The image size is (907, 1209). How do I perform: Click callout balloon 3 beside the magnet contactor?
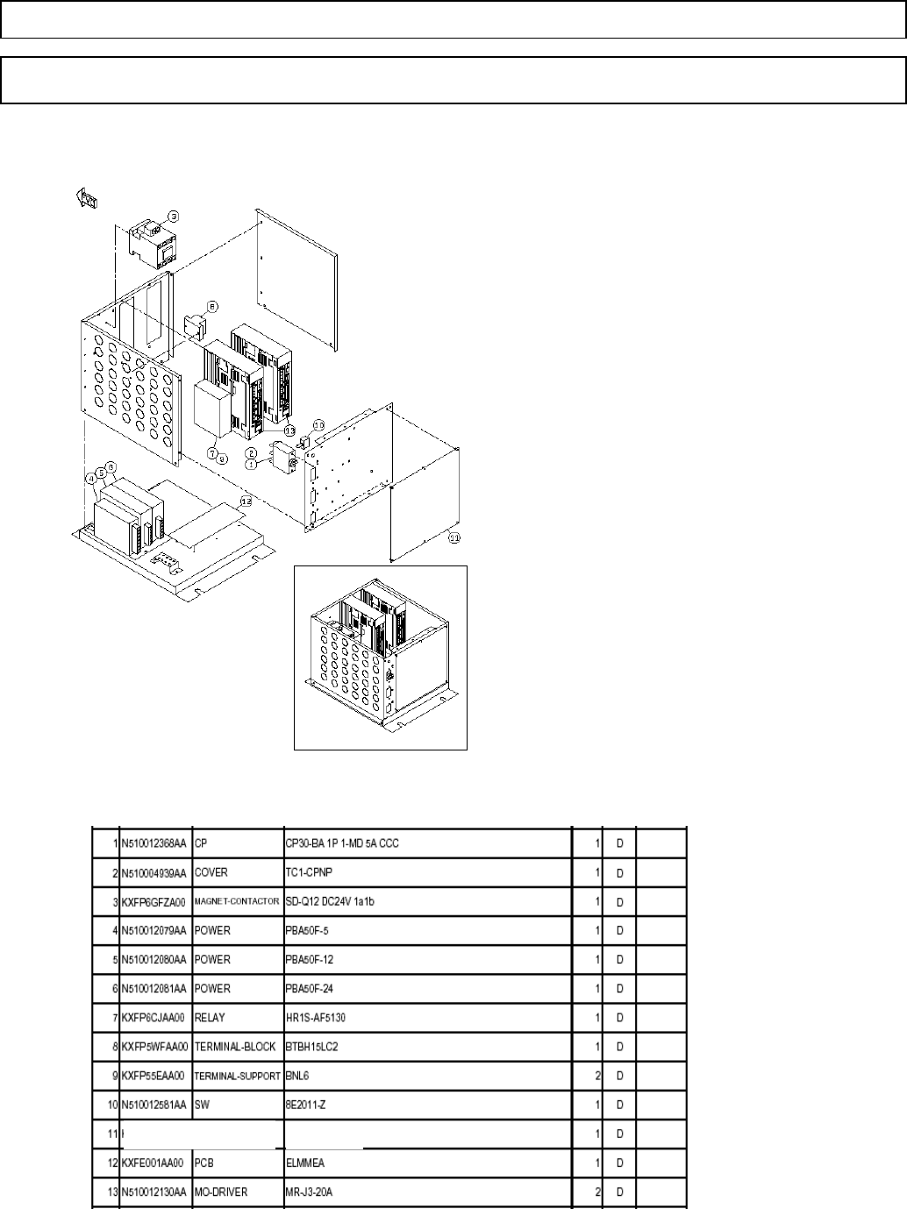pyautogui.click(x=174, y=216)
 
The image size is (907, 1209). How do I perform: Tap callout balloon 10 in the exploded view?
pyautogui.click(x=319, y=424)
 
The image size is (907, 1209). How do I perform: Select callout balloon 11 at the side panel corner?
pyautogui.click(x=453, y=539)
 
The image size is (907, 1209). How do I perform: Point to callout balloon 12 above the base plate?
pyautogui.click(x=246, y=501)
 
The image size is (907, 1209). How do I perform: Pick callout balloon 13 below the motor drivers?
pyautogui.click(x=289, y=430)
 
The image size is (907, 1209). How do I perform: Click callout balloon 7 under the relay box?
pyautogui.click(x=211, y=452)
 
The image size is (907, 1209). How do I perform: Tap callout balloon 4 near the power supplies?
pyautogui.click(x=91, y=478)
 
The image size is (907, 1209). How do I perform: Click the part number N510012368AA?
pyautogui.click(x=154, y=843)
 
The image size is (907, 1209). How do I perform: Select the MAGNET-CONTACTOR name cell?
pyautogui.click(x=237, y=901)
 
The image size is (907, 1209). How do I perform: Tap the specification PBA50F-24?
pyautogui.click(x=310, y=989)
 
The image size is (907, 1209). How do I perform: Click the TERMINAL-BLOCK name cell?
pyautogui.click(x=235, y=1047)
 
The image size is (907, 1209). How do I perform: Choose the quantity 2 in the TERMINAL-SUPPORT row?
pyautogui.click(x=597, y=1076)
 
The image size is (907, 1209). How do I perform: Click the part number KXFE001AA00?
pyautogui.click(x=153, y=1163)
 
